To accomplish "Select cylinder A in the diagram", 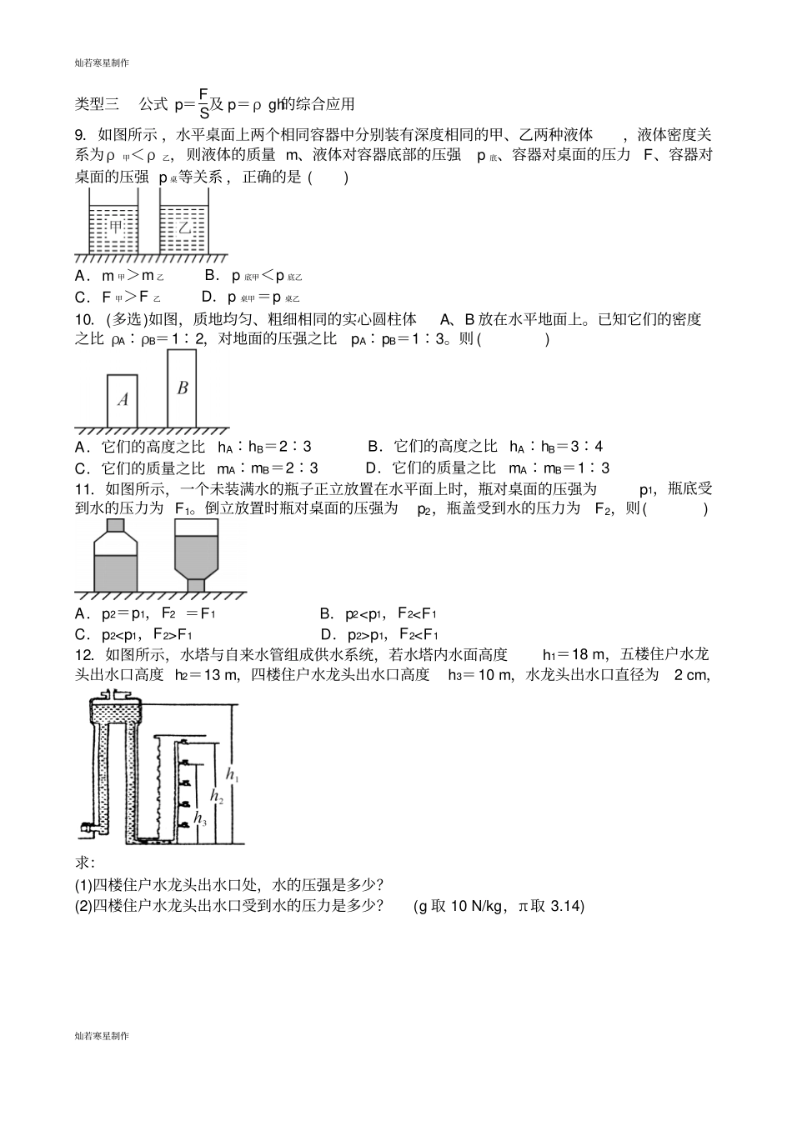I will [x=122, y=399].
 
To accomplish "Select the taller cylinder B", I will [x=183, y=388].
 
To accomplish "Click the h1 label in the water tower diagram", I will [x=233, y=778].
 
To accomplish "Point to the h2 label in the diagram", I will [x=216, y=797].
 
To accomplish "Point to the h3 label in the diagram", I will [x=199, y=819].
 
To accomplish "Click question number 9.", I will [x=81, y=134].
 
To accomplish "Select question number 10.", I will [x=83, y=318].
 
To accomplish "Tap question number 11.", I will [x=83, y=488].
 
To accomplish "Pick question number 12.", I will [x=83, y=654].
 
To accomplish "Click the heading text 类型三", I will [x=98, y=104].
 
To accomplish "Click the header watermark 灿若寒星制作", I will [x=101, y=62].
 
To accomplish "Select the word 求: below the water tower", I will [x=84, y=863].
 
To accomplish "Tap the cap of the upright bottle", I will [x=115, y=524].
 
